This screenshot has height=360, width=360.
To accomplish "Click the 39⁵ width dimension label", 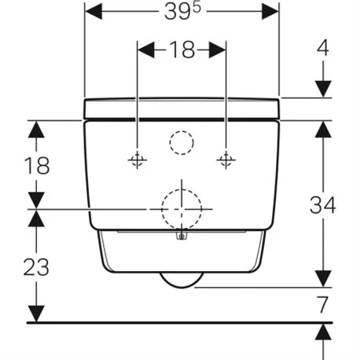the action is tap(182, 12).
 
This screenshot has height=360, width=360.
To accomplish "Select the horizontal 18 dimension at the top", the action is tap(182, 50).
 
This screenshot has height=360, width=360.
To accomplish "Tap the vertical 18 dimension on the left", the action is tap(37, 166).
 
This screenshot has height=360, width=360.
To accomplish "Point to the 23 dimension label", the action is tap(36, 267).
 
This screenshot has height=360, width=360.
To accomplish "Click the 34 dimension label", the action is tap(323, 205).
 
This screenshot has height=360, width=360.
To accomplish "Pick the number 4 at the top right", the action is tap(323, 48).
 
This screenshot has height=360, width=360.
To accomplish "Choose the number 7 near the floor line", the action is tap(322, 304).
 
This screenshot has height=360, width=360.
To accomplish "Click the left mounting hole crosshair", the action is tap(138, 160).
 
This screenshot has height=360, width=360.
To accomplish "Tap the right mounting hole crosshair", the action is tap(226, 160).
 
